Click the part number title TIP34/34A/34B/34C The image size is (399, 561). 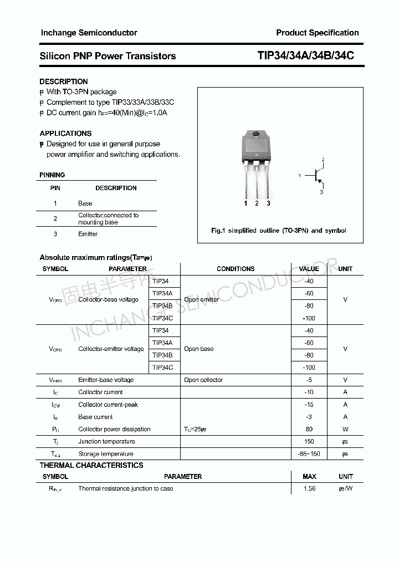305,56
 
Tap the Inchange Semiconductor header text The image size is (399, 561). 89,33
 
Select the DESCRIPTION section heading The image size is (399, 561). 64,81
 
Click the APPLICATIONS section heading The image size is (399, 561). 65,134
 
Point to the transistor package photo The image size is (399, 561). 257,161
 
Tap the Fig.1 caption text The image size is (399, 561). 279,231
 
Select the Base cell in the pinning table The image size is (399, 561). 85,203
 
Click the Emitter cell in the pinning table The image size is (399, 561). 88,234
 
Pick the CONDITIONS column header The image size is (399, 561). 236,269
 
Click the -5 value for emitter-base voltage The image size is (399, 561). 309,380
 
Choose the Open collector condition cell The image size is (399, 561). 203,380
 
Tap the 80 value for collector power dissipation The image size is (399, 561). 309,429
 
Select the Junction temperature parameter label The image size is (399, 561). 106,442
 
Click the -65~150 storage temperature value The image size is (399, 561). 309,454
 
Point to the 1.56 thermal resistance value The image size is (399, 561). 309,489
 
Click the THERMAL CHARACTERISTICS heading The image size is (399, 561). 91,466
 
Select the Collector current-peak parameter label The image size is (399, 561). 108,405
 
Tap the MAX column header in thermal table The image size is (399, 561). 309,477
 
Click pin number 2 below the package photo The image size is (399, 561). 257,204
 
